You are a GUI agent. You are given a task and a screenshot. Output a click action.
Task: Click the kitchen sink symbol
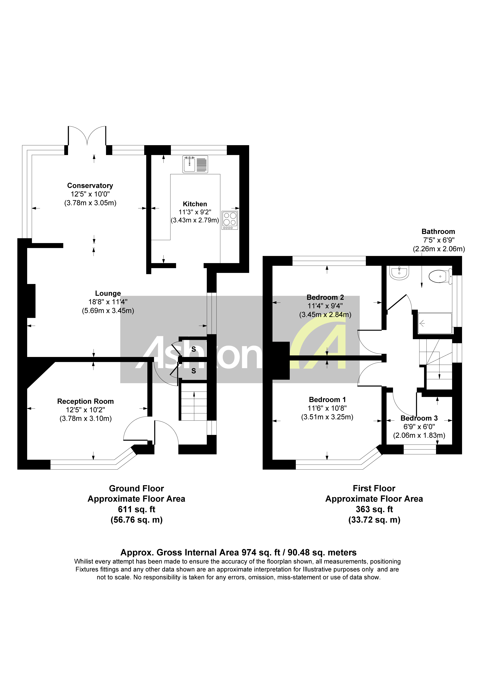coord(195,164)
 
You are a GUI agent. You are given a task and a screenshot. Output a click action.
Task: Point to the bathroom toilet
coord(440,276)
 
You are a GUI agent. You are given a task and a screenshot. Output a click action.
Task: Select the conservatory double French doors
coord(87,136)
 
